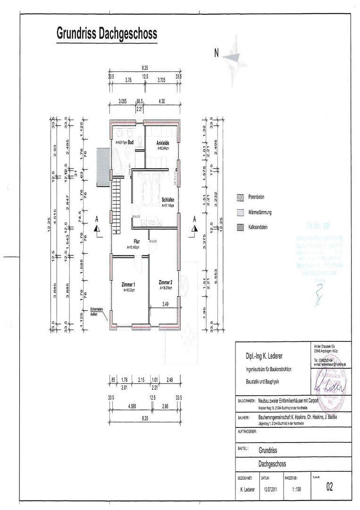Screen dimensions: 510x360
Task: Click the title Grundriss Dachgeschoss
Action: (x=107, y=34)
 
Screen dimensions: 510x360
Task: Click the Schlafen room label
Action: (x=167, y=200)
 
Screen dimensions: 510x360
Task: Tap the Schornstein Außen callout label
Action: (x=97, y=313)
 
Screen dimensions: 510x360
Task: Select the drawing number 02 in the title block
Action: (x=329, y=487)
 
